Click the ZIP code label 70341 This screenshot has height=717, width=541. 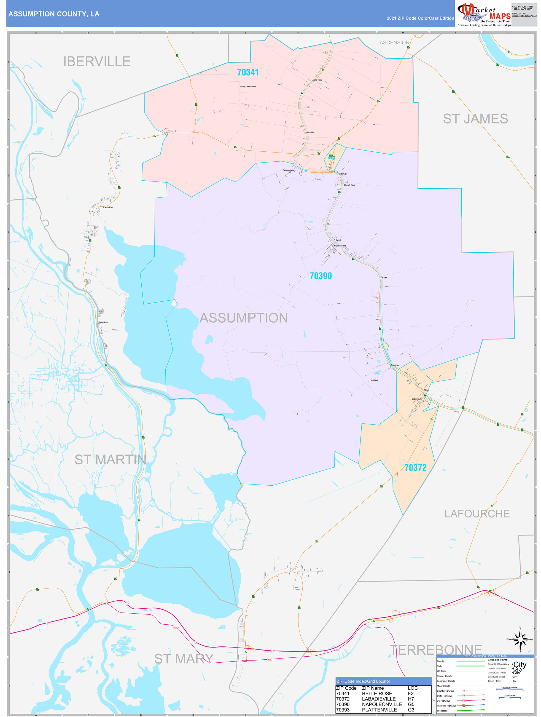point(248,72)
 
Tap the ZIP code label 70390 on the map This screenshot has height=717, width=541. point(321,276)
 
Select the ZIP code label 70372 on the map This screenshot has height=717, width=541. point(415,467)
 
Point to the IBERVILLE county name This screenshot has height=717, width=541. point(97,61)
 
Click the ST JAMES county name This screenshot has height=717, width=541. point(475,119)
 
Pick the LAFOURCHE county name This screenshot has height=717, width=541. point(477,513)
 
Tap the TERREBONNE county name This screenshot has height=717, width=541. point(435,650)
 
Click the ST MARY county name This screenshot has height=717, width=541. point(184,658)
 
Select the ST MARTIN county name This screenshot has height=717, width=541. point(110,459)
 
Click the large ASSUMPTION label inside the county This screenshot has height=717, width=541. point(244,318)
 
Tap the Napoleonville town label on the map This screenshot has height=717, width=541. point(340,246)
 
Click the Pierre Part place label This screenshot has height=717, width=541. point(108,207)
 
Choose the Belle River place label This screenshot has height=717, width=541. point(104,323)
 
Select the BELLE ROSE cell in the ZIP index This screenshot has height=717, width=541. point(377,693)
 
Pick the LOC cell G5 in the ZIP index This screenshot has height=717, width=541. point(411,704)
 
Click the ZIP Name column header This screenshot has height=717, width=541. point(373,688)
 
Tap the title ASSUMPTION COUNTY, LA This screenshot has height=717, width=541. point(54,14)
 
